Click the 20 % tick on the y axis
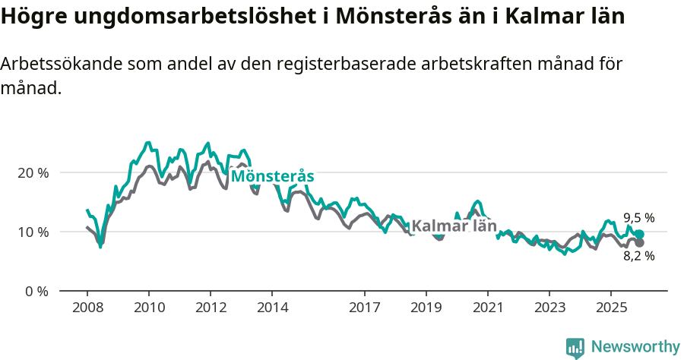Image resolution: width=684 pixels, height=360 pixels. (x=33, y=173)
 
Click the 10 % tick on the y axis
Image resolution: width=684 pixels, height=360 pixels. (x=33, y=232)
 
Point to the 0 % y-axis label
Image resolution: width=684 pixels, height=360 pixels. (x=36, y=292)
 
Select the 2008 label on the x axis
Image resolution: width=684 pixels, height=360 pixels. (x=87, y=308)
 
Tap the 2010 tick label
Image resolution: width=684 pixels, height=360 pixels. (x=149, y=308)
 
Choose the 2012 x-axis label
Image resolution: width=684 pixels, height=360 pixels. (x=211, y=308)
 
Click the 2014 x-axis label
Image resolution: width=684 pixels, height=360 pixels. (x=272, y=308)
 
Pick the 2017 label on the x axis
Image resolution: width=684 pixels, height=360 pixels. (x=364, y=308)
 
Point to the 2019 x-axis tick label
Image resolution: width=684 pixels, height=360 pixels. (x=426, y=308)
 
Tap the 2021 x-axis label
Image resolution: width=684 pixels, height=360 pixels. (x=487, y=308)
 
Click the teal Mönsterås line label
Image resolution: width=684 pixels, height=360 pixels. (x=272, y=177)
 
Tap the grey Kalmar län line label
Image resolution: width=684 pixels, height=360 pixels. (x=454, y=226)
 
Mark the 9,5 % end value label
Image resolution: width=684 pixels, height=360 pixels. (x=639, y=218)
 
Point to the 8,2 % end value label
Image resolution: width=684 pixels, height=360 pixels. (x=639, y=256)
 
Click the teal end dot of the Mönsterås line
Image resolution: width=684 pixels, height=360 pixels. (x=639, y=235)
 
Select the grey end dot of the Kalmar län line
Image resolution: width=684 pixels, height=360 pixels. (x=639, y=242)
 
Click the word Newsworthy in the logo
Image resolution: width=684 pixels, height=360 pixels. (x=635, y=347)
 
